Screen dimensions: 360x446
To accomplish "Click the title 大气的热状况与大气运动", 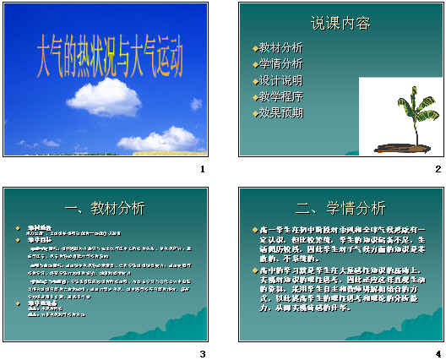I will pyautogui.click(x=110, y=54).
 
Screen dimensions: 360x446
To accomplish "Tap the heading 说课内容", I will pyautogui.click(x=340, y=23).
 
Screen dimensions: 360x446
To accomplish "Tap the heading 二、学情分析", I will pyautogui.click(x=340, y=208).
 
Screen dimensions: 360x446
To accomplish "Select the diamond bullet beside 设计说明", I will pyautogui.click(x=255, y=81).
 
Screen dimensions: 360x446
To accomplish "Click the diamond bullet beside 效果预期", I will pyautogui.click(x=255, y=113).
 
